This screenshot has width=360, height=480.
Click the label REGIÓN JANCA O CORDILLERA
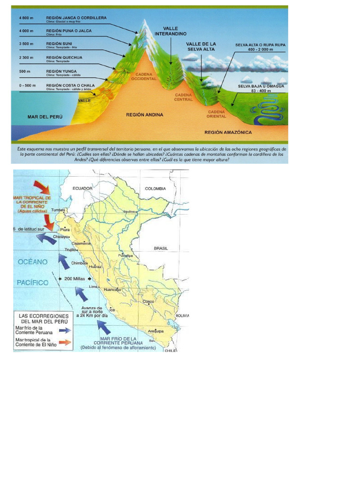tap(76, 17)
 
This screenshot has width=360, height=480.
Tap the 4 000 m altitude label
tap(27, 31)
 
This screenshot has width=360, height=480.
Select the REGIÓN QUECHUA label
tap(64, 57)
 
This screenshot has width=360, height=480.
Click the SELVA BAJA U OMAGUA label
tap(261, 86)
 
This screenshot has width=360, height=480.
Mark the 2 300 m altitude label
tap(27, 58)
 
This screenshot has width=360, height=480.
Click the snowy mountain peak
tap(144, 26)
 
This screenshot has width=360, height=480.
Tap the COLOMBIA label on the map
tap(155, 188)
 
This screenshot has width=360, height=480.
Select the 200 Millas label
tap(75, 278)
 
